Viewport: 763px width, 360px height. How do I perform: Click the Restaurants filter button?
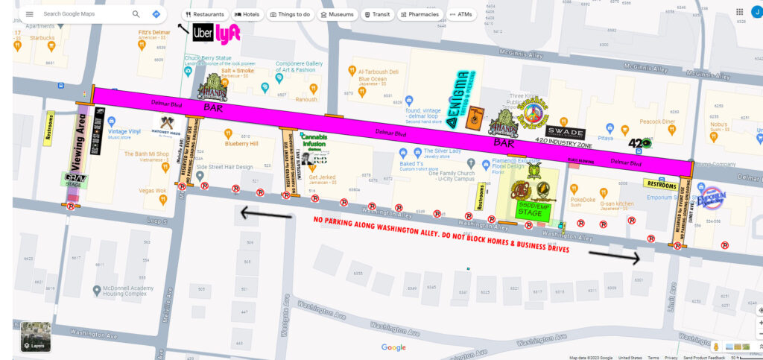205,14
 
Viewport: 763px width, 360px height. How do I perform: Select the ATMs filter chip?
460,14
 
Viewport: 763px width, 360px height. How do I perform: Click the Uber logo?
203,33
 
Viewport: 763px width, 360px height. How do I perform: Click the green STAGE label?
531,212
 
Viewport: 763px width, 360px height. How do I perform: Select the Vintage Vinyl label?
124,131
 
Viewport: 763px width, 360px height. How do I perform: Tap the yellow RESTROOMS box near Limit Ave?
662,183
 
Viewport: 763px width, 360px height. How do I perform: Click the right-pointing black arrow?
614,256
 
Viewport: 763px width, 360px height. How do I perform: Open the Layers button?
35,336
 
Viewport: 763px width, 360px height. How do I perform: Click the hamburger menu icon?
29,14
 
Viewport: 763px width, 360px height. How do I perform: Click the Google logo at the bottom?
393,347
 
